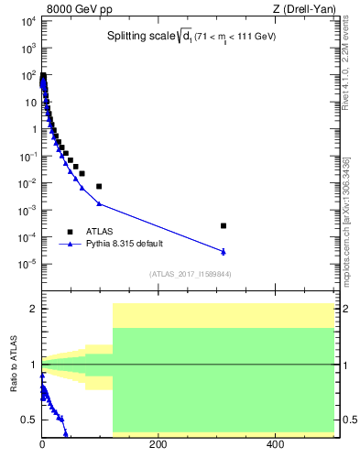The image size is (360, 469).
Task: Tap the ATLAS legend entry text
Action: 100,231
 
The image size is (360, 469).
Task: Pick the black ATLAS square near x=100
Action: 99,186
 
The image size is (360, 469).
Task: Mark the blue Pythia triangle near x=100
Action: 99,203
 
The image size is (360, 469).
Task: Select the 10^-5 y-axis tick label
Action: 27,265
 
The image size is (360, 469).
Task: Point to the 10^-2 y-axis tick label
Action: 27,183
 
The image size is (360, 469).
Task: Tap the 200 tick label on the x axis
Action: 158,444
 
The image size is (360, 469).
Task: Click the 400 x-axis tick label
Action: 275,444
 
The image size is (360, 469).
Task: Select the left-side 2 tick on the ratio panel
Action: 32,309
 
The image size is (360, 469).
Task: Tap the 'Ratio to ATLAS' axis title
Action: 14,364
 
